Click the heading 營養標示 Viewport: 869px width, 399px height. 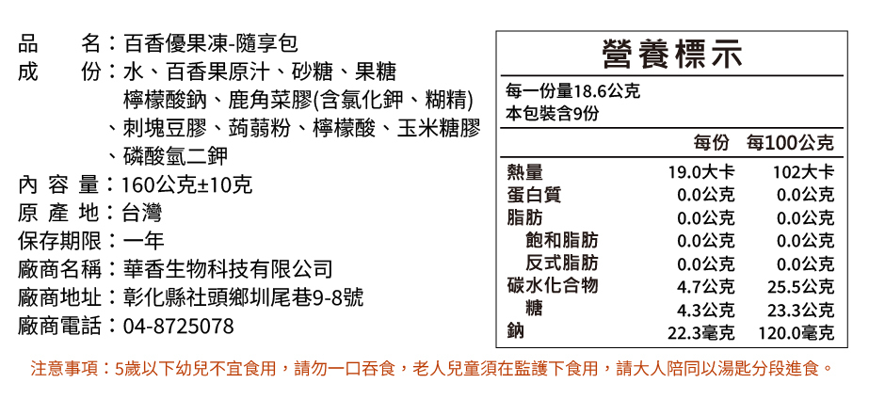[x=668, y=55]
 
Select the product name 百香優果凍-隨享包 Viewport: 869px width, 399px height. [x=211, y=43]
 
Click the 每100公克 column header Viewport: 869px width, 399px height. [x=790, y=144]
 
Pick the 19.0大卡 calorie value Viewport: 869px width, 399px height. [x=701, y=173]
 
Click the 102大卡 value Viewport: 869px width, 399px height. [x=802, y=173]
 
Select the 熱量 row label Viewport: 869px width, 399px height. [x=524, y=173]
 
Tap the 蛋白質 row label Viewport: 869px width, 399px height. [x=534, y=195]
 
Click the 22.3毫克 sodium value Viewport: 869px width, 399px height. [x=701, y=332]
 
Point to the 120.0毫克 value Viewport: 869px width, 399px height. [x=797, y=332]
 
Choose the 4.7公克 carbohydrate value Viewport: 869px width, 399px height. [x=706, y=286]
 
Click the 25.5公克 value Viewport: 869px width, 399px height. [x=800, y=286]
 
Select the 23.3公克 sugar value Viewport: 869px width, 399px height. [x=800, y=310]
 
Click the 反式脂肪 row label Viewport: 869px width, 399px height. [x=561, y=263]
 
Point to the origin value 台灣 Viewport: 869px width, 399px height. [x=142, y=213]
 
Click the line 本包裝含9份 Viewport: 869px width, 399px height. [x=552, y=114]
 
